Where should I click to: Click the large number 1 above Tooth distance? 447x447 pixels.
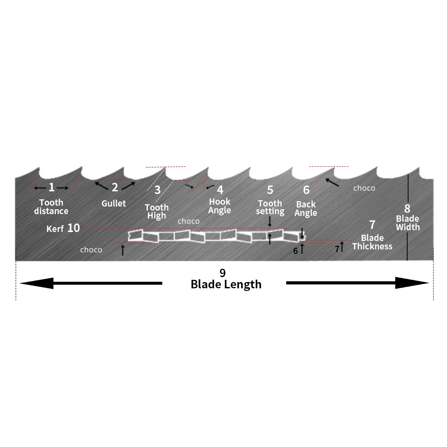[51, 187]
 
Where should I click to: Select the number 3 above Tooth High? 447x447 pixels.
[157, 190]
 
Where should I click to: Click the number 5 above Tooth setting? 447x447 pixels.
[270, 190]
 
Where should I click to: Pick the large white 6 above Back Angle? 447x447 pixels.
[306, 190]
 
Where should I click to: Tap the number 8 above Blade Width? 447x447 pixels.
[407, 208]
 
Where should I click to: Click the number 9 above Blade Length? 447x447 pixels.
[222, 272]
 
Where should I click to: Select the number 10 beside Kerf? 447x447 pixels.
[73, 228]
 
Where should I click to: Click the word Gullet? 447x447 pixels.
[114, 203]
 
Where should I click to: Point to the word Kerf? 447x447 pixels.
[55, 229]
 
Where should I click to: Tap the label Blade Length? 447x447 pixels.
[226, 284]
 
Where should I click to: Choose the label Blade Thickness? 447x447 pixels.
[372, 242]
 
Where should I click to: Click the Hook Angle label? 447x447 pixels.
[220, 206]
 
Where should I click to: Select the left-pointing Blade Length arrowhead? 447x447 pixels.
[36, 283]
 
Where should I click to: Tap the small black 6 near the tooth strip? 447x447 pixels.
[295, 251]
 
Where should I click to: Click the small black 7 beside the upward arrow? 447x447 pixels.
[337, 249]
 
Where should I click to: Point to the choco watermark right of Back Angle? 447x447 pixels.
[364, 188]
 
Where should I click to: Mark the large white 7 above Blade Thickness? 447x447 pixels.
[372, 225]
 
